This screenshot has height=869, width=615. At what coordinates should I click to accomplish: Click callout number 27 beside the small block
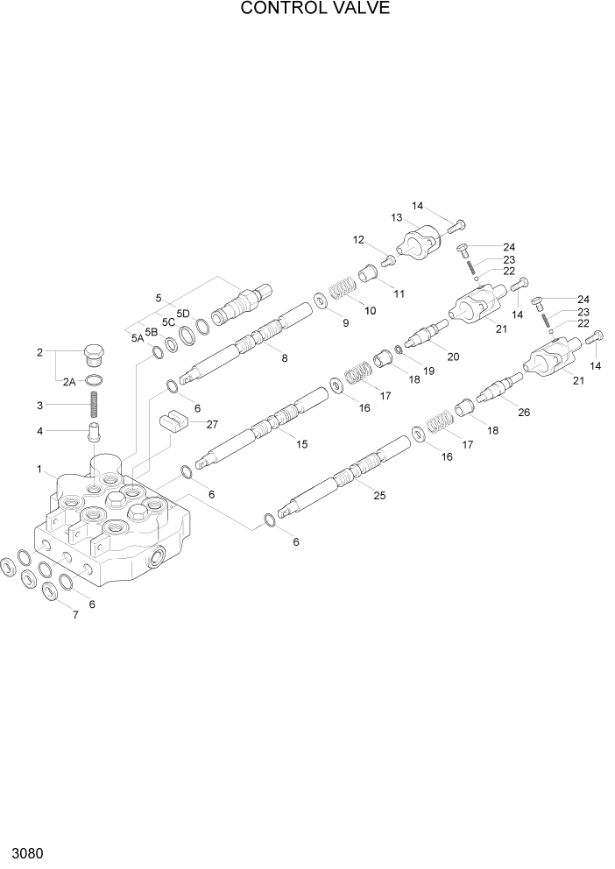click(x=211, y=424)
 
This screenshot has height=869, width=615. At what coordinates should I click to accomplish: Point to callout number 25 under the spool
click(x=379, y=495)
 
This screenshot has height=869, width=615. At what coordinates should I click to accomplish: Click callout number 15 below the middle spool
click(x=301, y=444)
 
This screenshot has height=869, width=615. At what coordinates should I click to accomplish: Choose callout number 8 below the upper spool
click(x=283, y=357)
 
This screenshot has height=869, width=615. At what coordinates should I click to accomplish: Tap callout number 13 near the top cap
click(x=396, y=216)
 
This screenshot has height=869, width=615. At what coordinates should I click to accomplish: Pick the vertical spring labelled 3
click(x=95, y=406)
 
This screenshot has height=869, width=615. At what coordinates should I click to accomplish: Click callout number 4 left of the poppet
click(x=39, y=430)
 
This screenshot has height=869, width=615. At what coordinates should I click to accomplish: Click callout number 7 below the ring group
click(x=75, y=615)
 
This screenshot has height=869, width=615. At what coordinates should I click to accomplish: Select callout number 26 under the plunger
click(x=524, y=413)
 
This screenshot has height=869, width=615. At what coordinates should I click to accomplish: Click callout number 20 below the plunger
click(x=452, y=356)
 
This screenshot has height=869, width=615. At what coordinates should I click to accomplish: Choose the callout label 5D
click(x=183, y=313)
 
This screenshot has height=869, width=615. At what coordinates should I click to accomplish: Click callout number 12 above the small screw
click(x=358, y=240)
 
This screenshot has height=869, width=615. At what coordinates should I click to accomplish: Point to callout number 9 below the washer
click(x=345, y=322)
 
